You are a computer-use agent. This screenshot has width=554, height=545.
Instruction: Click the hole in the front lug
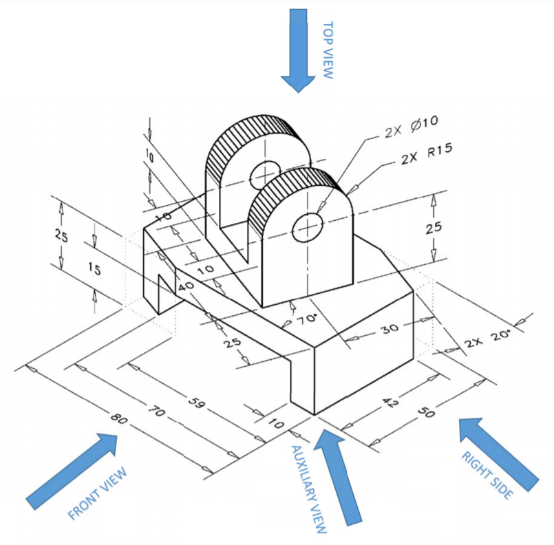click(x=306, y=228)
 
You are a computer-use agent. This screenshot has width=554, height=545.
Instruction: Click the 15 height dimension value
click(x=94, y=270)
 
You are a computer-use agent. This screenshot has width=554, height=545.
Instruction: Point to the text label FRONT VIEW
click(x=98, y=493)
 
